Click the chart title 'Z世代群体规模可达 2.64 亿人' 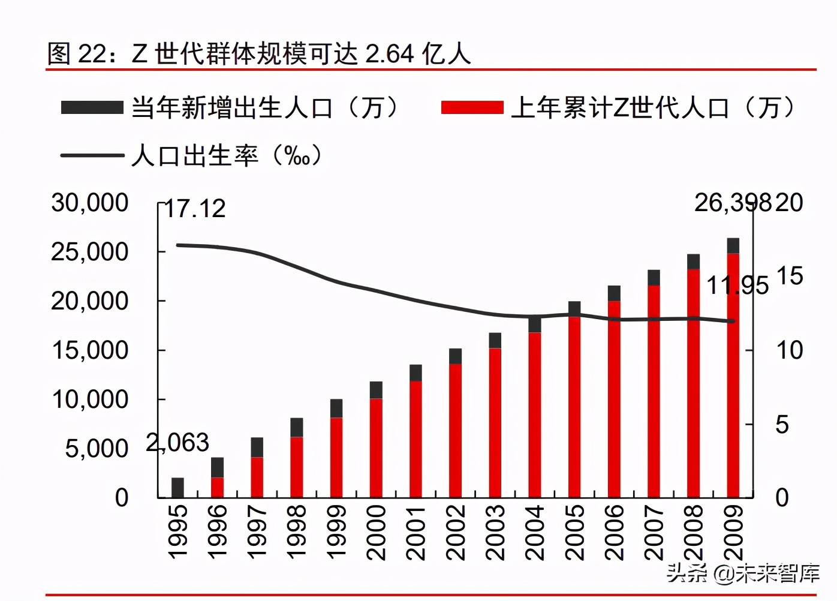259,53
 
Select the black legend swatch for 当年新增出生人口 92,108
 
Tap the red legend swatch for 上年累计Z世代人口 472,108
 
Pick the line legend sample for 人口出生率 92,156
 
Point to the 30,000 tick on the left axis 89,203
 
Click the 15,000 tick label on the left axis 89,350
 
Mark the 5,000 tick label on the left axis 96,449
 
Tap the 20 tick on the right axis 789,203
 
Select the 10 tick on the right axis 789,350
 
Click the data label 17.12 195,209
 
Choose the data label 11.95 737,286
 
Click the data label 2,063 177,443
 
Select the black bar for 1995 177,488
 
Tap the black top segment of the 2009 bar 733,245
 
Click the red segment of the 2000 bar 376,448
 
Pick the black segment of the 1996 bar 217,467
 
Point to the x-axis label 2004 534,533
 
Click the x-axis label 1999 336,533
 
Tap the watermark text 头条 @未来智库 743,573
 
